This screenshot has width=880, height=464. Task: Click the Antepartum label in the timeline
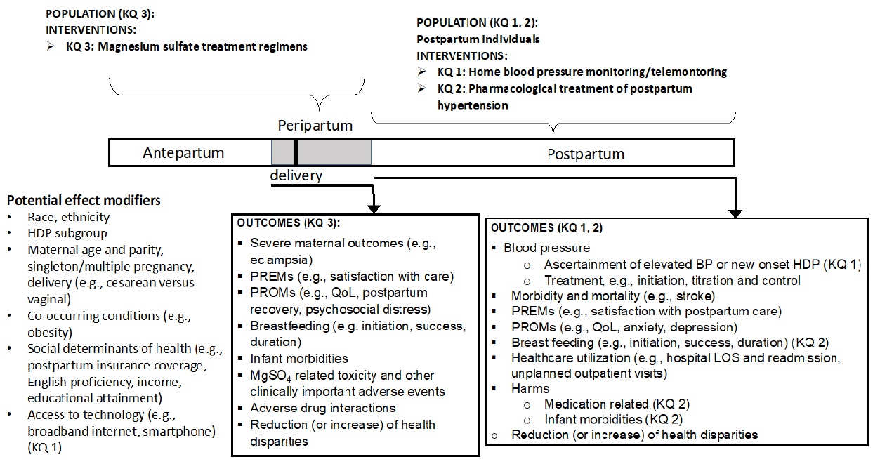pyautogui.click(x=183, y=153)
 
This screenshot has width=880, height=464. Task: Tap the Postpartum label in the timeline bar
pyautogui.click(x=585, y=154)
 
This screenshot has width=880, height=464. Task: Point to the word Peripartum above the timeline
pyautogui.click(x=315, y=126)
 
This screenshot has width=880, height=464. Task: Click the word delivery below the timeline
pyautogui.click(x=296, y=175)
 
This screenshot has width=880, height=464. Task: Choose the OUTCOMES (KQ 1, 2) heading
pyautogui.click(x=547, y=228)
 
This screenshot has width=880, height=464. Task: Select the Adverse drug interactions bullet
pyautogui.click(x=323, y=407)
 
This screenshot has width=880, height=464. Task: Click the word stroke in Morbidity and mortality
pyautogui.click(x=696, y=296)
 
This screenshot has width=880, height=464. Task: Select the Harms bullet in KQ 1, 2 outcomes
pyautogui.click(x=530, y=388)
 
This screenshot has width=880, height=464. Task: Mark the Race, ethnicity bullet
pyautogui.click(x=69, y=218)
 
